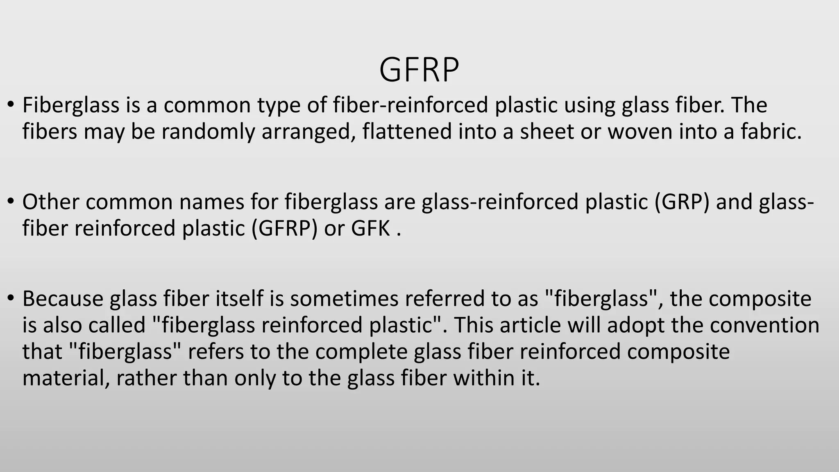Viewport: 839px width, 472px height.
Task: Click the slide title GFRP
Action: tap(419, 70)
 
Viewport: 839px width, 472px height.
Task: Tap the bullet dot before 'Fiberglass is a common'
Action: tap(11, 105)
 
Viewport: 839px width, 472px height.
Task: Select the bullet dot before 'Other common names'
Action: tap(11, 202)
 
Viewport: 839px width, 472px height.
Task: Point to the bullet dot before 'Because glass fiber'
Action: tap(11, 298)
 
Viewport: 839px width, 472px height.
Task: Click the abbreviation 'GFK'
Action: tap(370, 228)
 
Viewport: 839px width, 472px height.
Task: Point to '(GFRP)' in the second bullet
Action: tap(284, 228)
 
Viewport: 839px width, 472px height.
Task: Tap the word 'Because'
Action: tap(63, 298)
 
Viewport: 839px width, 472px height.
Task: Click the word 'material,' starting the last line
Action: tap(66, 378)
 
